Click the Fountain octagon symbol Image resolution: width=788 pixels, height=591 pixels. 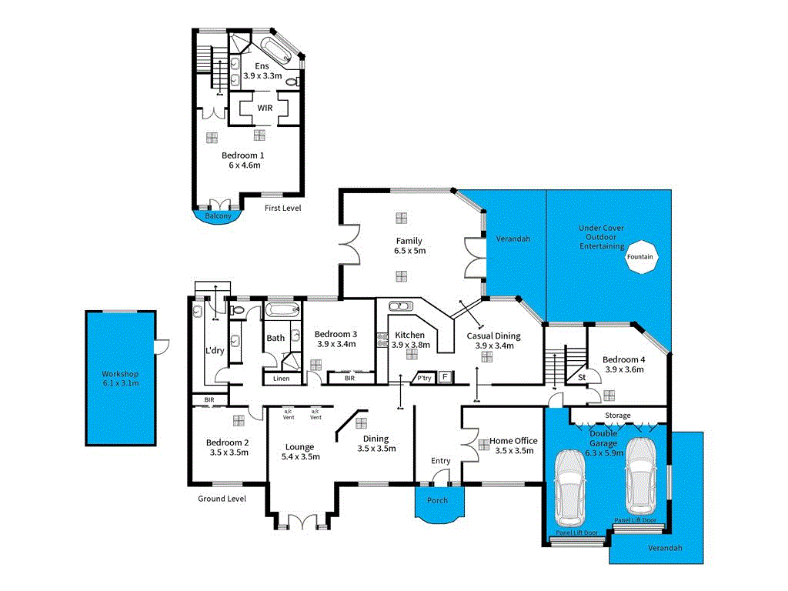[x=639, y=257]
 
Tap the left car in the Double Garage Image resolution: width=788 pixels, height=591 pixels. [x=571, y=485]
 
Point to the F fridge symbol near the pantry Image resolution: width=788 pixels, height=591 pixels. [x=444, y=377]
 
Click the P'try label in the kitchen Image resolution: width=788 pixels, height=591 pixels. [x=423, y=378]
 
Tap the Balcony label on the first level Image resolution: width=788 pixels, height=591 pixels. [x=218, y=216]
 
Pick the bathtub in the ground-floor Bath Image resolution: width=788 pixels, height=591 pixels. [x=282, y=312]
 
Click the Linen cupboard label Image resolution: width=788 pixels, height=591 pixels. [x=282, y=378]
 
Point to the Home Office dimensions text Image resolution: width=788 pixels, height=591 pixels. [x=514, y=451]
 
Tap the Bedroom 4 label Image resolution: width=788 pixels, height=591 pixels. [x=624, y=359]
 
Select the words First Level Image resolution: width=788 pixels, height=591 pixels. [x=282, y=208]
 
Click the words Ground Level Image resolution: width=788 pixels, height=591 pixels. [x=222, y=499]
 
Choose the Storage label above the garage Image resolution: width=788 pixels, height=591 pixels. [x=617, y=416]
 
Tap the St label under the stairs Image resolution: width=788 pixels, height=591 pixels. [x=581, y=377]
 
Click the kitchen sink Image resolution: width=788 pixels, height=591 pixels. [x=400, y=306]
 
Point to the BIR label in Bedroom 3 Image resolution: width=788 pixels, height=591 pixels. [x=350, y=378]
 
